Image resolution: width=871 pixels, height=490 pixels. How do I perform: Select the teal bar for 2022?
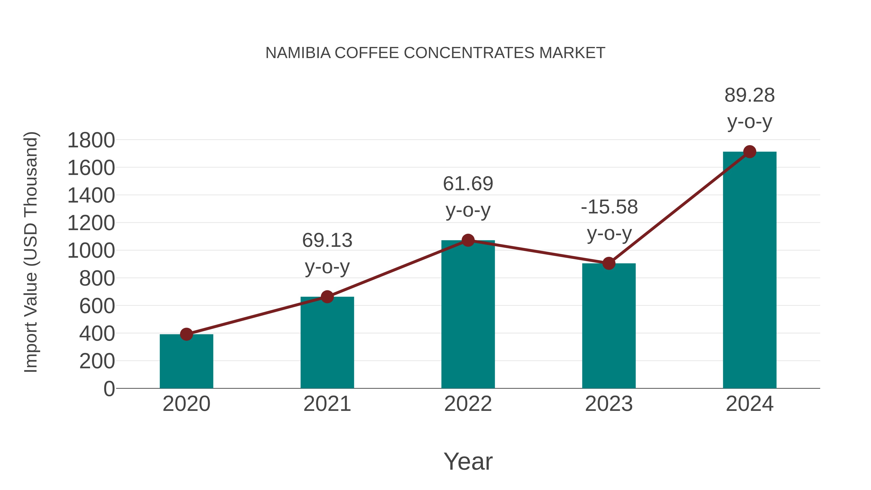(x=468, y=315)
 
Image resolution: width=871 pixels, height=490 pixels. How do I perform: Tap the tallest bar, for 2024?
(x=750, y=271)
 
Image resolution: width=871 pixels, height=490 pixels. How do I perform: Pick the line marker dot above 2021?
(x=327, y=297)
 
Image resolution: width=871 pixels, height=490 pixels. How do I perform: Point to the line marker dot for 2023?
(x=609, y=263)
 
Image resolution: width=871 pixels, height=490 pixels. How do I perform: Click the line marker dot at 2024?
(x=750, y=152)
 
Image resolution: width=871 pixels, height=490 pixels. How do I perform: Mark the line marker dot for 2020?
(x=186, y=334)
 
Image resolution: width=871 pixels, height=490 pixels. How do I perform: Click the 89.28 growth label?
(x=749, y=95)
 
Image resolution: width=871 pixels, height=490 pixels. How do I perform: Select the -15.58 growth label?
(x=609, y=207)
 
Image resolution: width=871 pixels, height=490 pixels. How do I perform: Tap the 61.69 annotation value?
(x=468, y=184)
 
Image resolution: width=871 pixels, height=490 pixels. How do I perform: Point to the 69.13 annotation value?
(x=327, y=241)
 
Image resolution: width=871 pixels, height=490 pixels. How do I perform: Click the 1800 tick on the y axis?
(x=91, y=140)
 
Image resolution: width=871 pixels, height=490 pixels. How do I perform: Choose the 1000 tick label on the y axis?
(x=91, y=251)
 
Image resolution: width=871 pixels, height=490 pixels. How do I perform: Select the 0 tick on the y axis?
(x=109, y=389)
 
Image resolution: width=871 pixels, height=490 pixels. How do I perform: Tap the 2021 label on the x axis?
(x=327, y=404)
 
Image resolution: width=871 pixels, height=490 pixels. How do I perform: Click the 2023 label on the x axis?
(x=609, y=404)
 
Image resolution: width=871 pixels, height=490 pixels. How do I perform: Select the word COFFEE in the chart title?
(x=367, y=53)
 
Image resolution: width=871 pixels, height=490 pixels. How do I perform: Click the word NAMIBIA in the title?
(x=298, y=53)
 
